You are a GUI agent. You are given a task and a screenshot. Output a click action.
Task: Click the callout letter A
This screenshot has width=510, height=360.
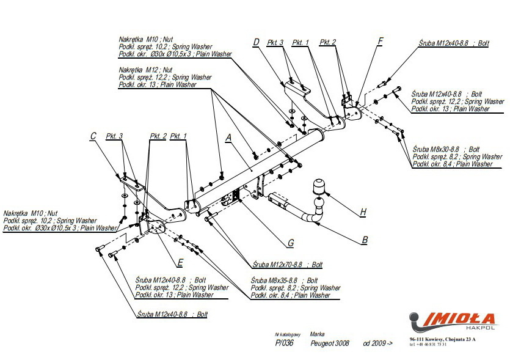[x=228, y=138]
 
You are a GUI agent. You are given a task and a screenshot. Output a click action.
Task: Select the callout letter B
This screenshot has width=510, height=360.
[x=365, y=240]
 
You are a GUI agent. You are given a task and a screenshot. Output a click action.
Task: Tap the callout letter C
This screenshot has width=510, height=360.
[x=93, y=136]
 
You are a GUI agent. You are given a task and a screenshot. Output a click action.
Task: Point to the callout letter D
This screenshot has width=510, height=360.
[x=257, y=42]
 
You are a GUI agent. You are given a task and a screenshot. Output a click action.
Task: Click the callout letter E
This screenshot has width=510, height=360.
[x=180, y=263]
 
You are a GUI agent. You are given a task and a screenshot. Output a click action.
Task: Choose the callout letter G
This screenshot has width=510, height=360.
[x=291, y=243]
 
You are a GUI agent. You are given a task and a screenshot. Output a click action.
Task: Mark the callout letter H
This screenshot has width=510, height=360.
[x=363, y=212]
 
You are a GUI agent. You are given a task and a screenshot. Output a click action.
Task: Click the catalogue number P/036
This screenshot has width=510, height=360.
[x=285, y=343]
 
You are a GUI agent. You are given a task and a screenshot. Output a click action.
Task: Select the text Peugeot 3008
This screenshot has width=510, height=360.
[x=330, y=343]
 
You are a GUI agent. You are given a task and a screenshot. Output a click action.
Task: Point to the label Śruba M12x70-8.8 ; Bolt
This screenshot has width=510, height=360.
[x=287, y=265]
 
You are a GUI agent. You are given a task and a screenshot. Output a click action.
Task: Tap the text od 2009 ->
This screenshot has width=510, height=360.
[x=378, y=343]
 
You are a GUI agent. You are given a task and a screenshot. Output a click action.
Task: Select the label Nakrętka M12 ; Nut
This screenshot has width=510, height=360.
[x=146, y=70]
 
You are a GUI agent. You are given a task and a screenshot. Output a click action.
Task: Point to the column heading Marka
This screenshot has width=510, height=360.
[x=317, y=334]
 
